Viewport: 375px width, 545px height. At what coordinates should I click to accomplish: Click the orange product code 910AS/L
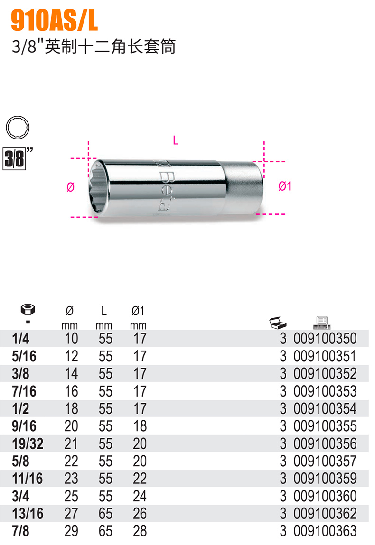click(54, 20)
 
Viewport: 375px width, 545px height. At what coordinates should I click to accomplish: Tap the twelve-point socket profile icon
click(18, 127)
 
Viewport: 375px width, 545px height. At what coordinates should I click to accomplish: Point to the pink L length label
click(176, 140)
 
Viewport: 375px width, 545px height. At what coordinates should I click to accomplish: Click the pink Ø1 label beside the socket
click(284, 186)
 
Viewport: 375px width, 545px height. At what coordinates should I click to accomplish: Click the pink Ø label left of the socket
click(70, 187)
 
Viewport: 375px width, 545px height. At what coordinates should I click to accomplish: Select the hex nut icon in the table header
click(28, 309)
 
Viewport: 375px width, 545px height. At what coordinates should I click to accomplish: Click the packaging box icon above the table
click(278, 323)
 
